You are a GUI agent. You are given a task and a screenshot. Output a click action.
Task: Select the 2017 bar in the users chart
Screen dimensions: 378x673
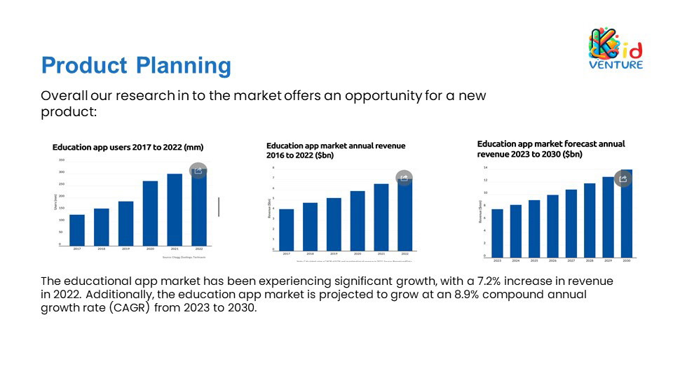tap(77, 230)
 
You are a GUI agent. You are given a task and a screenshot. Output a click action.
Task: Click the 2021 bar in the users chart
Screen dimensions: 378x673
tap(175, 209)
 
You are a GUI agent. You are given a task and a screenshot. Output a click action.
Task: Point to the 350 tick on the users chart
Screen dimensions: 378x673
tap(61, 160)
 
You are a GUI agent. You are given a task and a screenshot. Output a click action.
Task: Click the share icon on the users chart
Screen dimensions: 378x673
tap(198, 170)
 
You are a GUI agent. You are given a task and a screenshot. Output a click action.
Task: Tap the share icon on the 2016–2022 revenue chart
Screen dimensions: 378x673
tap(404, 178)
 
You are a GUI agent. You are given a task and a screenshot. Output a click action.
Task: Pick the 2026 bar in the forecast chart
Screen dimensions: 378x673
tap(552, 225)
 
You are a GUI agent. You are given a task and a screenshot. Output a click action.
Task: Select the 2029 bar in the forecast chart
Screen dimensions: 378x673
tap(608, 216)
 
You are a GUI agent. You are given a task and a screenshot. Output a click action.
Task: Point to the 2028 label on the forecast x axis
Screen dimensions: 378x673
tap(590, 260)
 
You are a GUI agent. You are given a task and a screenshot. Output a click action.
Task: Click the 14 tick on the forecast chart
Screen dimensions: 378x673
tap(485, 168)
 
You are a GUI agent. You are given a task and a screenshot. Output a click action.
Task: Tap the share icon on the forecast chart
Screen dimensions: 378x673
tap(623, 178)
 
